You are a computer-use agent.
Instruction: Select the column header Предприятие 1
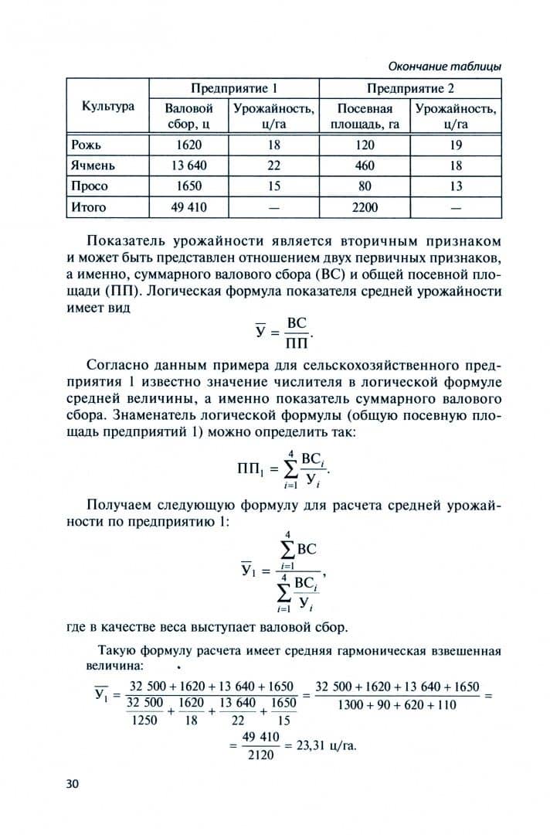(234, 88)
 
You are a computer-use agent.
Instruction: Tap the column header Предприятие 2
(410, 88)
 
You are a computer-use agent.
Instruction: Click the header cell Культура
(108, 107)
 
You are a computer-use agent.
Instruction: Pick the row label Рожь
(86, 145)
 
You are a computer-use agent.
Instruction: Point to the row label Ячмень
(93, 165)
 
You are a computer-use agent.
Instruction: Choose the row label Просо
(89, 186)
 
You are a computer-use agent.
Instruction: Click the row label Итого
(88, 207)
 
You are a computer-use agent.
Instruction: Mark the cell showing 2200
(365, 207)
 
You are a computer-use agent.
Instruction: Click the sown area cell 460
(365, 165)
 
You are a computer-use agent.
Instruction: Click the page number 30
(73, 784)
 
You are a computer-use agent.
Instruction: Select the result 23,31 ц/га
(321, 746)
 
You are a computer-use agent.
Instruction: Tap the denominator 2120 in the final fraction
(260, 755)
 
